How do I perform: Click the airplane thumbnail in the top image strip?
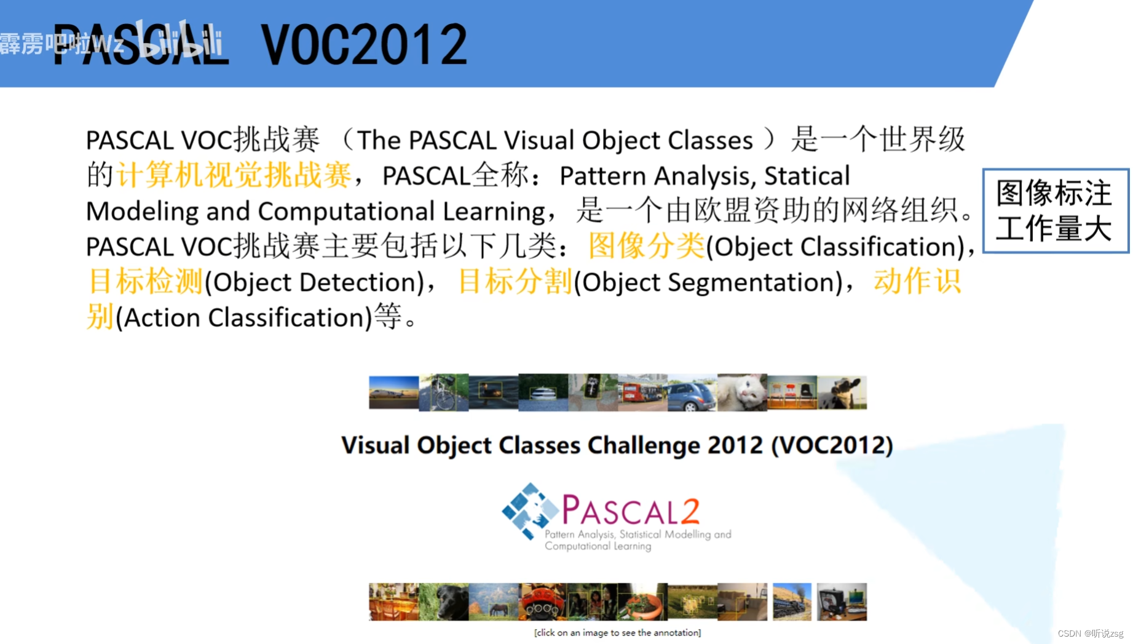point(393,392)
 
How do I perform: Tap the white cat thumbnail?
point(742,392)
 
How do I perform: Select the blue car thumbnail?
point(692,392)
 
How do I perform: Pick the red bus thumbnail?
point(642,392)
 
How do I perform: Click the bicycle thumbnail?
point(443,392)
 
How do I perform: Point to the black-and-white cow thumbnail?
point(842,392)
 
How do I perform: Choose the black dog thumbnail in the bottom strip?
point(443,602)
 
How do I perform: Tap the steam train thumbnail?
point(792,602)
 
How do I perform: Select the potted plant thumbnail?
point(642,602)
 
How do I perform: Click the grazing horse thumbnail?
point(493,602)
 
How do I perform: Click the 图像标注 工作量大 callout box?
point(1055,210)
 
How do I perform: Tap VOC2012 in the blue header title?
point(364,44)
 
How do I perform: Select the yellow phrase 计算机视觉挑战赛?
point(234,175)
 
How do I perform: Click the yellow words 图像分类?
point(646,246)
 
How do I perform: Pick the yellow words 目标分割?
point(515,282)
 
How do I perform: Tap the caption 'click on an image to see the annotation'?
point(617,632)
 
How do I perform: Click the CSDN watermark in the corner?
point(1090,634)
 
